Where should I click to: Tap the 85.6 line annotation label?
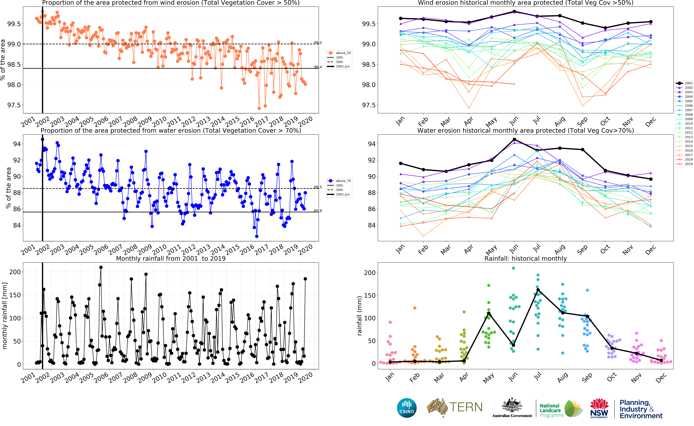tap(318, 211)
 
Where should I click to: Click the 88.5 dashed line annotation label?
tap(318, 187)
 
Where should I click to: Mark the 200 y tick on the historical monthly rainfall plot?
tap(370, 273)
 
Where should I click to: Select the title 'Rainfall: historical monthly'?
tap(525, 258)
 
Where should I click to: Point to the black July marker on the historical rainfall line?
tap(538, 290)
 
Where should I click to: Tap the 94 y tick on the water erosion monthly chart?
tap(372, 144)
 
